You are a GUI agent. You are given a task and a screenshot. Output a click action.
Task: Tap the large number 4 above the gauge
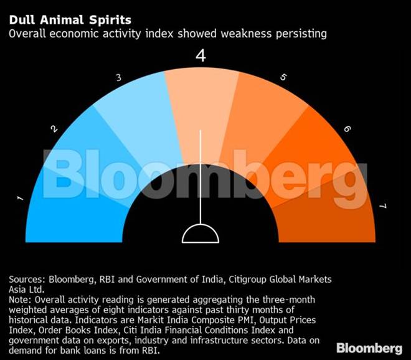[x=201, y=57]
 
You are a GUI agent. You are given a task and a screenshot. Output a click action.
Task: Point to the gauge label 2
[x=54, y=129]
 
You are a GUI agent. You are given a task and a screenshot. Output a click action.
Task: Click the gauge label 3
[x=118, y=78]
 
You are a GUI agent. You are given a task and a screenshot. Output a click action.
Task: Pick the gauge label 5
[x=283, y=78]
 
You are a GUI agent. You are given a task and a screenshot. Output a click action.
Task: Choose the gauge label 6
[x=347, y=129]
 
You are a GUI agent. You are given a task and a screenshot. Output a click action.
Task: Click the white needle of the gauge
[x=201, y=174]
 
